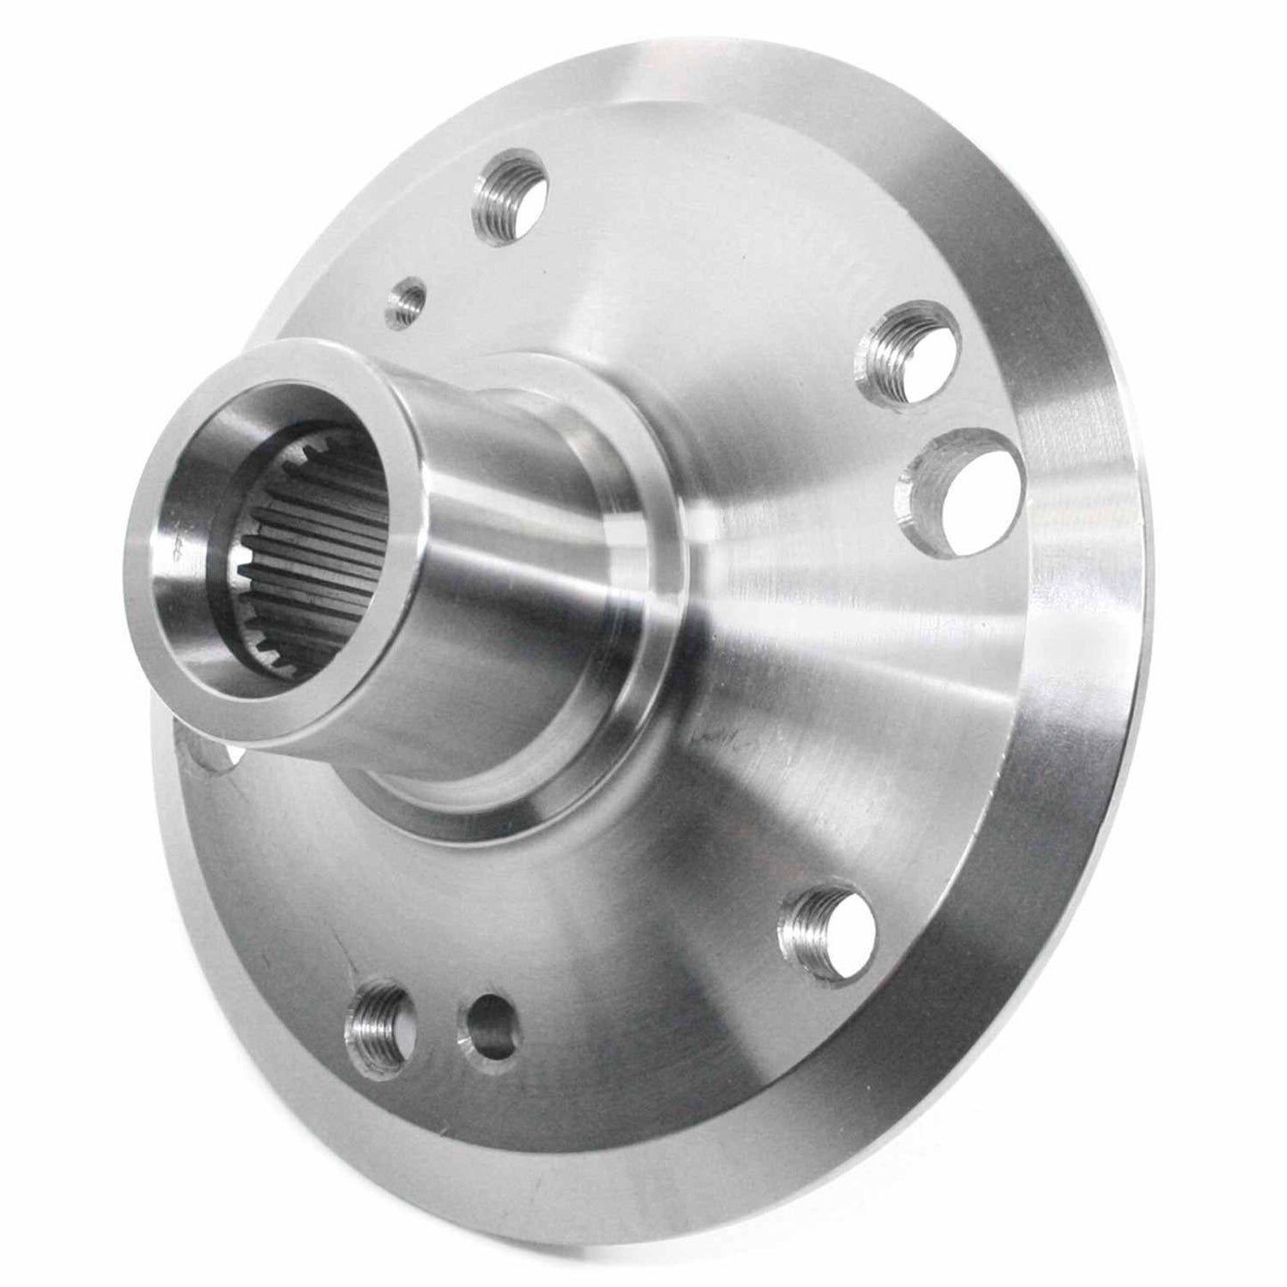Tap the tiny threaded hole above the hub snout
(x=406, y=301)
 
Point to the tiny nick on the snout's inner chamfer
(x=178, y=550)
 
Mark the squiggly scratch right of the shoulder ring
(x=721, y=739)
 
